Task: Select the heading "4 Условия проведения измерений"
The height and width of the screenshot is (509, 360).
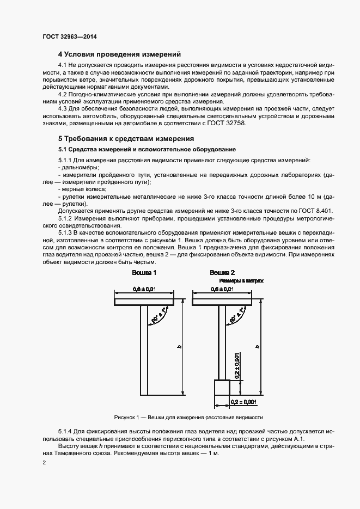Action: point(119,54)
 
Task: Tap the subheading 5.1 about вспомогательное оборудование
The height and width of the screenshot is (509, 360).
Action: point(147,150)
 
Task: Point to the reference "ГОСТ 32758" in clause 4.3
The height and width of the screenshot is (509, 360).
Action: point(230,124)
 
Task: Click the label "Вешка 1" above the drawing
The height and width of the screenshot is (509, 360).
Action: point(144,272)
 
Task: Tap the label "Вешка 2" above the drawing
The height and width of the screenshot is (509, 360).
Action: point(222,272)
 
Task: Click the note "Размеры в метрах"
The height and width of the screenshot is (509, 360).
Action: point(241,281)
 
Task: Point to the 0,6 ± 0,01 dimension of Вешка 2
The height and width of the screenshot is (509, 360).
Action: point(222,290)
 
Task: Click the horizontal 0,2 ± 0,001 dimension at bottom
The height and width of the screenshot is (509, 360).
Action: point(243,402)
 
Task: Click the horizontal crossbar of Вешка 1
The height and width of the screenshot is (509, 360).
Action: point(144,301)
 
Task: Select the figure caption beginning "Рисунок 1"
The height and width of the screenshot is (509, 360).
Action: point(188,418)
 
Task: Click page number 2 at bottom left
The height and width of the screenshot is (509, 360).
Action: point(44,463)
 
